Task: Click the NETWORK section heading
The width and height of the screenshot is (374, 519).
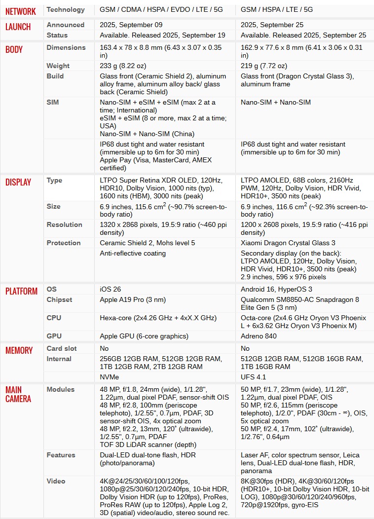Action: (x=21, y=11)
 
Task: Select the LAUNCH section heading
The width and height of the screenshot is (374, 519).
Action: (x=18, y=27)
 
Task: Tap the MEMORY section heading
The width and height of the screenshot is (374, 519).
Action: (x=19, y=350)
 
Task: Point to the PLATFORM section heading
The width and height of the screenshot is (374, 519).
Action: (x=22, y=291)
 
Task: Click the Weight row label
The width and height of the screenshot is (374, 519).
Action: (x=58, y=66)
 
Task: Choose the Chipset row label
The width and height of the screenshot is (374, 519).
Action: (x=59, y=299)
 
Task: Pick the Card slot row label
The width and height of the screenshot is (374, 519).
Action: (x=62, y=348)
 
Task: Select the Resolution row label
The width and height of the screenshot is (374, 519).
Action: (x=64, y=224)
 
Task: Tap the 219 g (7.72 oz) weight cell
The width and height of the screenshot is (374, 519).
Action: (x=264, y=66)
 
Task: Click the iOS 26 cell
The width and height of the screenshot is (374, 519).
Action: (x=111, y=289)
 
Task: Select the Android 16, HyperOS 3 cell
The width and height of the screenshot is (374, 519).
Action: (x=276, y=289)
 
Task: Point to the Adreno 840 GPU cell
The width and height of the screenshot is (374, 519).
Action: (x=259, y=336)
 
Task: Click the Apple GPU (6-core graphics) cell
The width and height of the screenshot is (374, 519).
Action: (x=144, y=336)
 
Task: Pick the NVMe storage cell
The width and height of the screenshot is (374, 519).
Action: (x=109, y=377)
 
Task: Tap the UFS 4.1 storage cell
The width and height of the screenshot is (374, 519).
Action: (x=254, y=377)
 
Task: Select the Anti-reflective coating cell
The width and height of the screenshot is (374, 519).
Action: (x=133, y=253)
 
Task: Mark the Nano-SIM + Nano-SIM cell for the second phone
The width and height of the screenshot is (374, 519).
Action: (x=276, y=102)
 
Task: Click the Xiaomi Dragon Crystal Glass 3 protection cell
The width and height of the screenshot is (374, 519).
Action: (x=288, y=243)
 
